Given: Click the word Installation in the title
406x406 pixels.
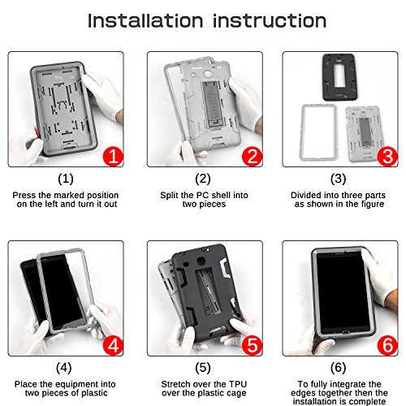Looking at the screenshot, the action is click(145, 20).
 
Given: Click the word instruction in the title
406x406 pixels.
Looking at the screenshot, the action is click(270, 20).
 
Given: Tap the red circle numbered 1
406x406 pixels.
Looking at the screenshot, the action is click(113, 156).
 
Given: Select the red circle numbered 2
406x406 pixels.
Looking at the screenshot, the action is click(252, 156).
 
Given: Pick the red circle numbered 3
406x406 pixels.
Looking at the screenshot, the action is click(387, 156).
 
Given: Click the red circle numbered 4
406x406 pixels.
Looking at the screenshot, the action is click(113, 345).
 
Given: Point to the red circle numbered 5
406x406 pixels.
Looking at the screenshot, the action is click(252, 345).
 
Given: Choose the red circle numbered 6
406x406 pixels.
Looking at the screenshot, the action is click(387, 345).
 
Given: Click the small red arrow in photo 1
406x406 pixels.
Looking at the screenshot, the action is click(37, 132).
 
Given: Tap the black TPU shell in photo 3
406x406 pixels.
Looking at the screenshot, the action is click(340, 77).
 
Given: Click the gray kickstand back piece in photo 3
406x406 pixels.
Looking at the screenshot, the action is click(364, 134).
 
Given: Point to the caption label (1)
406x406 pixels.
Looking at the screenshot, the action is click(66, 179).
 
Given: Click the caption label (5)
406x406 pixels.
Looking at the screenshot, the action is click(203, 368).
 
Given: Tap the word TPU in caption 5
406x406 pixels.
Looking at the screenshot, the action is click(238, 384).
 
